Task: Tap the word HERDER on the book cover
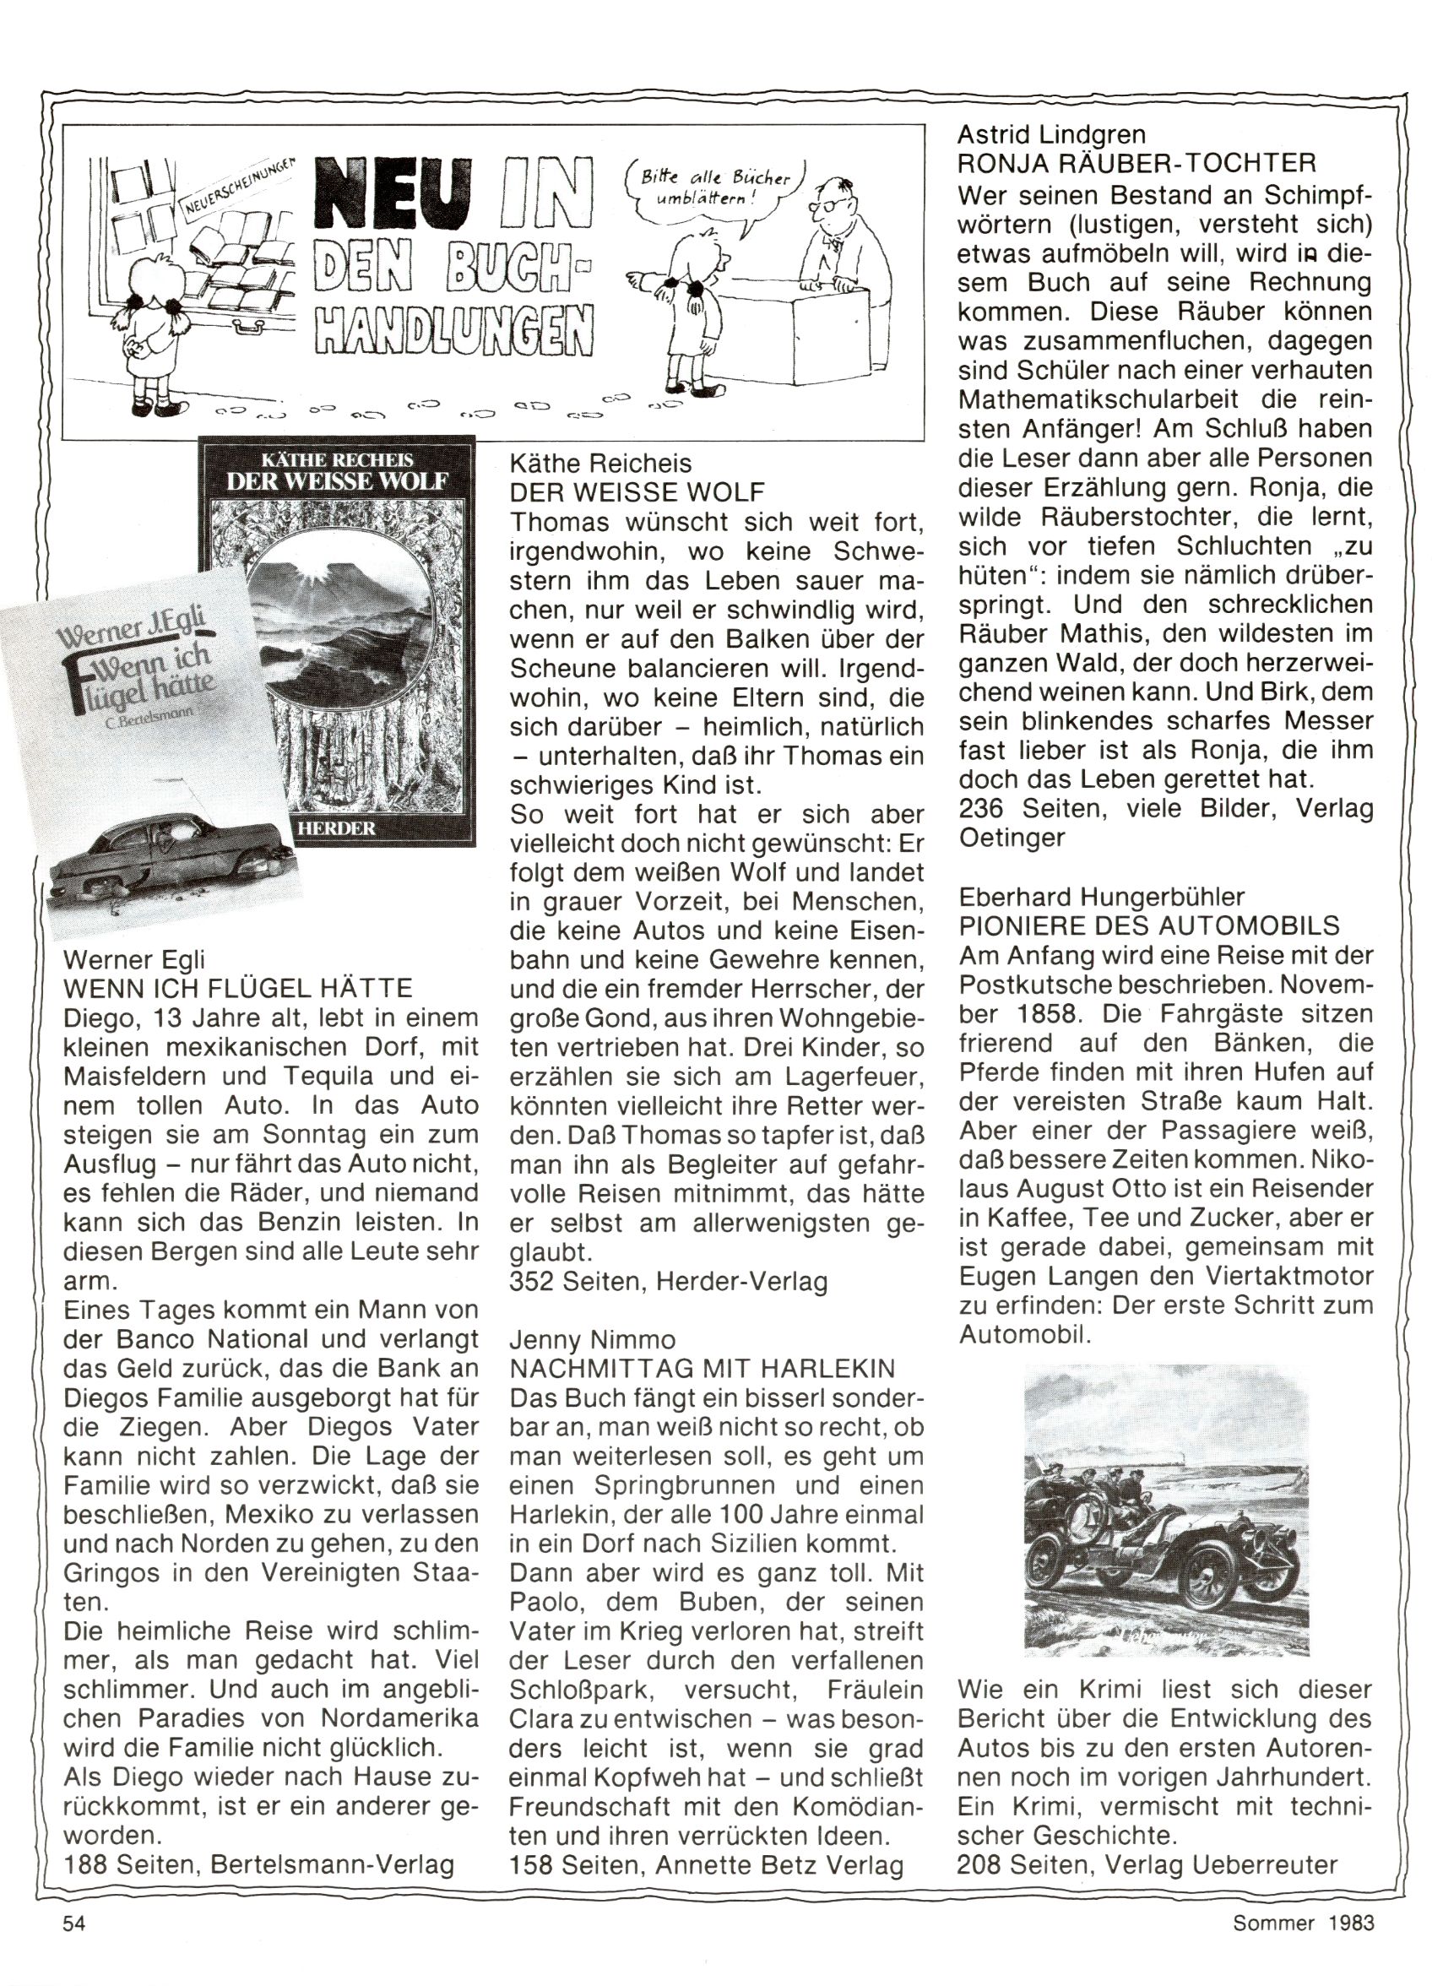click(338, 827)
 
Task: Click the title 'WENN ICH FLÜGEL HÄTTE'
click(237, 989)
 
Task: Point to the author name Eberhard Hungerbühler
click(1103, 896)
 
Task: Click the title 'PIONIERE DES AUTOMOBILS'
click(1149, 925)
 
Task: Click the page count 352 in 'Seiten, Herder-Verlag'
click(532, 1282)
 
